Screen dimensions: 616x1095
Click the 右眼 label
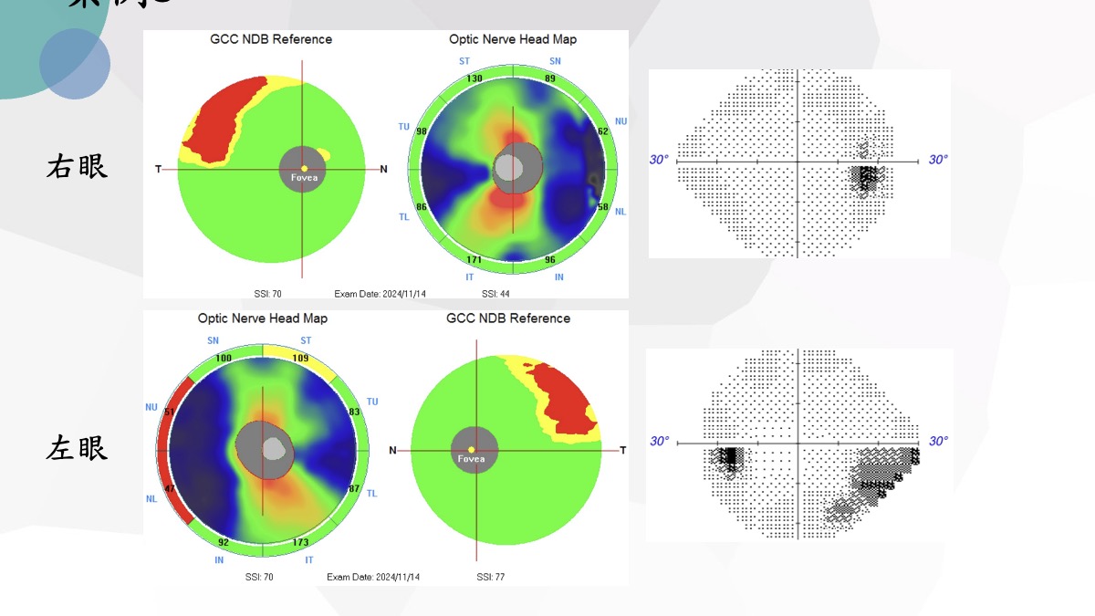(77, 166)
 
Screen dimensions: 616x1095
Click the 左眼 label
(77, 447)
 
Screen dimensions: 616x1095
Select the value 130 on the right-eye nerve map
(474, 78)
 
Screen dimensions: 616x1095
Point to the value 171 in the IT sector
(474, 261)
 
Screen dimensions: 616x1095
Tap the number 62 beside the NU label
(601, 131)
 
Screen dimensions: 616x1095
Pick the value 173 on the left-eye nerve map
(300, 543)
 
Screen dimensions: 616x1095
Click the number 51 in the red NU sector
(169, 412)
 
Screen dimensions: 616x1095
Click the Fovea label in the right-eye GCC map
(305, 179)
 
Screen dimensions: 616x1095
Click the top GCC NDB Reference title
(271, 39)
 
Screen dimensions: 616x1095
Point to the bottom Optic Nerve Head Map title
(263, 318)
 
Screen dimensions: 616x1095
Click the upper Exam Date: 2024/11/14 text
(381, 294)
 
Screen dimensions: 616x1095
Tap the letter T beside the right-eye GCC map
(159, 169)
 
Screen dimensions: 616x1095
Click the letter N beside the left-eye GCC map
(393, 450)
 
